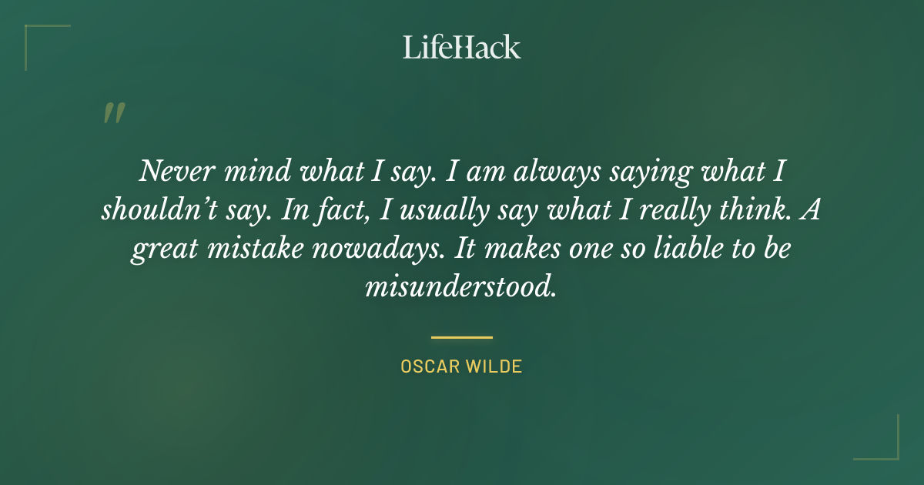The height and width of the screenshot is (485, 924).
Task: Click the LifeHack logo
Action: [462, 47]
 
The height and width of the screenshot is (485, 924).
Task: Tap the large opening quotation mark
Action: [113, 113]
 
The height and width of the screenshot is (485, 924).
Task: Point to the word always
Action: [531, 171]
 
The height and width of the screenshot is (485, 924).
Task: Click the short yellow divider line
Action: [462, 337]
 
